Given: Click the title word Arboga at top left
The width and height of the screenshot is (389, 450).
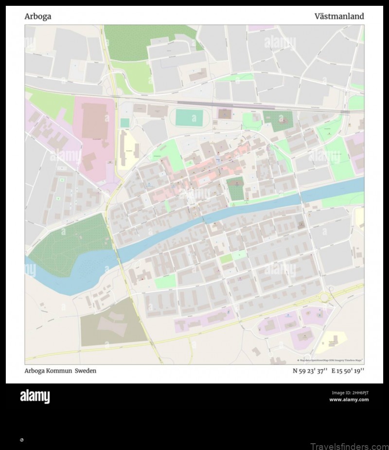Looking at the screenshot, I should pos(37,16).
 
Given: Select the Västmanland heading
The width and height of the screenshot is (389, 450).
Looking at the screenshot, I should pos(339,16).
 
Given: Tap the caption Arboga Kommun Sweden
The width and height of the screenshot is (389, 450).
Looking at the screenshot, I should pos(60,371).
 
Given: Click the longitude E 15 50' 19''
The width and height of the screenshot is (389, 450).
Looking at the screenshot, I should pos(348,371).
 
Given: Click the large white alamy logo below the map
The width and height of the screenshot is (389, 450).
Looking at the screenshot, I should pos(35,397).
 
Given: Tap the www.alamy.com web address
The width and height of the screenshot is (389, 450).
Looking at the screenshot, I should pos(349,400).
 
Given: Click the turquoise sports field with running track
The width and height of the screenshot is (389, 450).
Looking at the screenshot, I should pos(189,117).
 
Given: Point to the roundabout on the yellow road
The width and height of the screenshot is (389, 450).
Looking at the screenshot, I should pos(324,297).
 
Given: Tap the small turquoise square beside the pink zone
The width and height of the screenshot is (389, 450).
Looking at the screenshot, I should pos(125,123).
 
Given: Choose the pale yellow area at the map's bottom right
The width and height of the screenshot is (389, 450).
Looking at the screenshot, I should pos(331,342).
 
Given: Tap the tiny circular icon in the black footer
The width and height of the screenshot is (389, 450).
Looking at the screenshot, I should pos(21,440).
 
